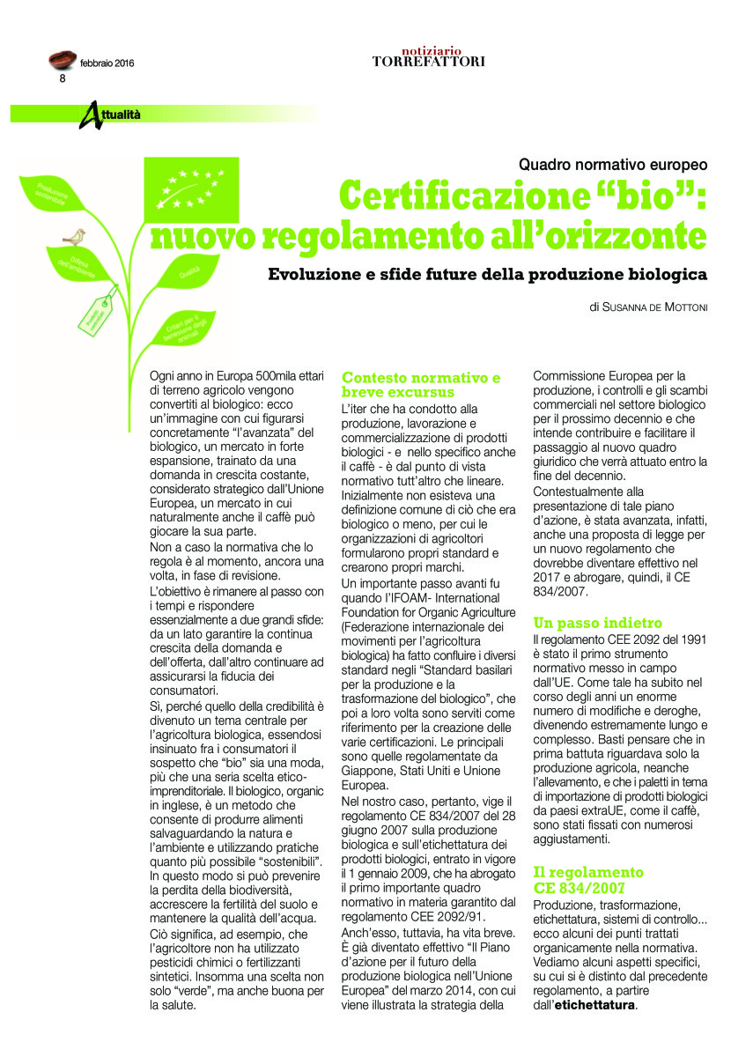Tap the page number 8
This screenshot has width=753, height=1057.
click(63, 78)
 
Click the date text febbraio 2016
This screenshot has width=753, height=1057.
click(107, 63)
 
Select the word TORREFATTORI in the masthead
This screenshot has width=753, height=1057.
click(428, 62)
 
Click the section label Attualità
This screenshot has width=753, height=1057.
click(114, 115)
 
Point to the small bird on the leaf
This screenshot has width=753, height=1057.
click(76, 236)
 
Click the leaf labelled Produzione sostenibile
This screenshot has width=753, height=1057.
click(58, 192)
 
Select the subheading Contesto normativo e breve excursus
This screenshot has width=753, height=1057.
click(421, 385)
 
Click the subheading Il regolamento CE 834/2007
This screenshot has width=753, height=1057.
click(588, 878)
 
